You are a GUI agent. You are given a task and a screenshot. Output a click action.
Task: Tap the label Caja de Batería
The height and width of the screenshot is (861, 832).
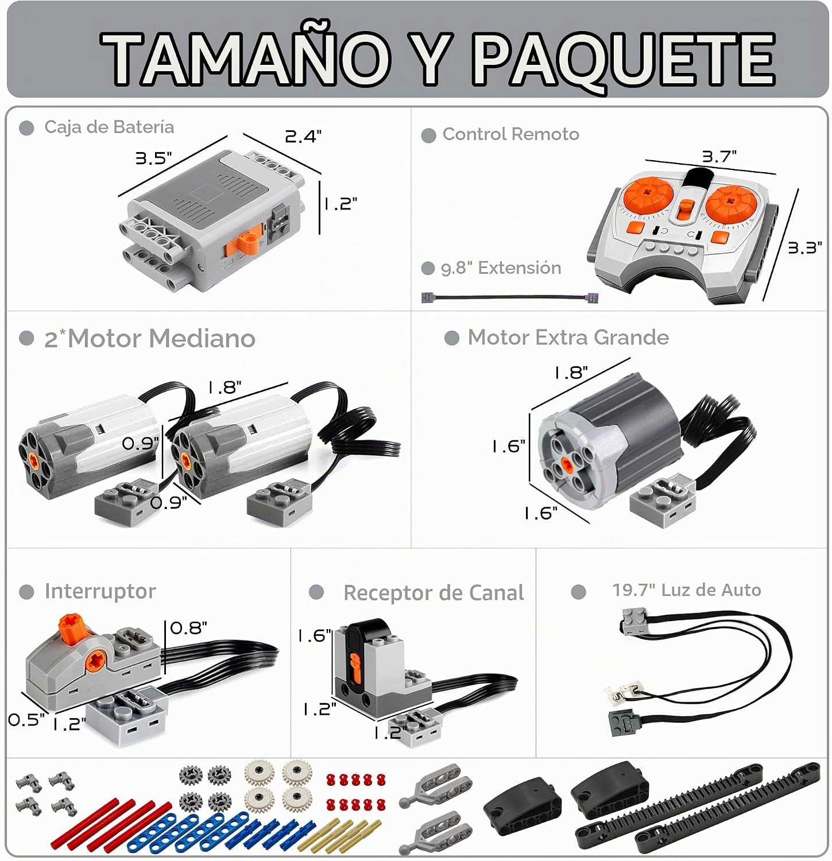click(109, 127)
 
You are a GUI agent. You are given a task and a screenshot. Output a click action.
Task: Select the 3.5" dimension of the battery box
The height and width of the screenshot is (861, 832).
click(153, 158)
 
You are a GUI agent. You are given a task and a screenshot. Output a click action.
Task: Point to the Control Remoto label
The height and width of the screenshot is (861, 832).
click(510, 134)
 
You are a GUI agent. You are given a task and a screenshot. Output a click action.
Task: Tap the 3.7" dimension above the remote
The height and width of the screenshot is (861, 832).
click(719, 156)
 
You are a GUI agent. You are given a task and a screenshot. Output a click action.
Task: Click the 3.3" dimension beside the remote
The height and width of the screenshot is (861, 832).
click(804, 247)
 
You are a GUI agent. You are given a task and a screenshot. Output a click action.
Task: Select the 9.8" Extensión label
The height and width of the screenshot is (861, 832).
click(501, 268)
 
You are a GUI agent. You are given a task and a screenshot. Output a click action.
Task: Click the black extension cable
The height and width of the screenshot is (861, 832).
click(510, 297)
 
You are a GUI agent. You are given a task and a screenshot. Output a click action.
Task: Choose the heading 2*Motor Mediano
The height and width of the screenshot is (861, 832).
click(149, 338)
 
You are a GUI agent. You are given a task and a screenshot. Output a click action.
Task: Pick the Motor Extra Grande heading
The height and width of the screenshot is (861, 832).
click(568, 338)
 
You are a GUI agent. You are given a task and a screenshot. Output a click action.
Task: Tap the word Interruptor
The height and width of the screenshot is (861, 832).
click(100, 591)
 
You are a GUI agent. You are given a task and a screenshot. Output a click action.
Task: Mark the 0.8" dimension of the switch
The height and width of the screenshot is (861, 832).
click(189, 628)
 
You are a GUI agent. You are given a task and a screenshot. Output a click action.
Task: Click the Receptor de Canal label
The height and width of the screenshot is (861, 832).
click(434, 593)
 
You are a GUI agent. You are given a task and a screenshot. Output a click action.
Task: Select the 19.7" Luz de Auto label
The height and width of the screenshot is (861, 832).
click(686, 590)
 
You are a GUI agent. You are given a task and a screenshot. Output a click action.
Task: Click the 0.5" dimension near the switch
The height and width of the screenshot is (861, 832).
click(26, 720)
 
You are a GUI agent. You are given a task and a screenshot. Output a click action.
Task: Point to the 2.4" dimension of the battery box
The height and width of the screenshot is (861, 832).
click(303, 137)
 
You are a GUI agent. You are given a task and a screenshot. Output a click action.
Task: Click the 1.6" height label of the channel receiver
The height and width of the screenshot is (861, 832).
click(314, 636)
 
